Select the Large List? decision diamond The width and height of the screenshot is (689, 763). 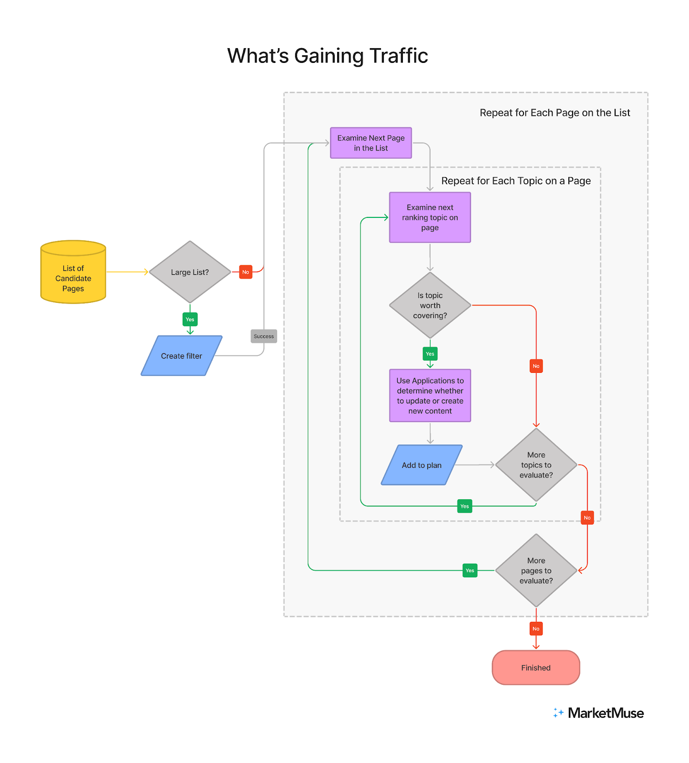[x=190, y=272]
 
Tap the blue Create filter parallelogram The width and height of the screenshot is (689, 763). [x=182, y=356]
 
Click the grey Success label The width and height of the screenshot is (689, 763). [x=264, y=336]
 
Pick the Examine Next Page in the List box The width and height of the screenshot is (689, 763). [x=371, y=143]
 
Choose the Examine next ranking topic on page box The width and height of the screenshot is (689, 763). [x=430, y=217]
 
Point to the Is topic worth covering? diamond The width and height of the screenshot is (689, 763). [x=430, y=305]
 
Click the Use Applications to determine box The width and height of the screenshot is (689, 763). [x=430, y=396]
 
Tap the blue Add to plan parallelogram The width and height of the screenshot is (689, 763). [x=422, y=465]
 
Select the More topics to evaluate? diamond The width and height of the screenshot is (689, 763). [x=536, y=465]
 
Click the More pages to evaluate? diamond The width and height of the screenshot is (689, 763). [x=536, y=570]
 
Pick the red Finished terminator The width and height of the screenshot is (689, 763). [x=535, y=668]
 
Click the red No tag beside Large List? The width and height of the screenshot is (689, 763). [x=246, y=272]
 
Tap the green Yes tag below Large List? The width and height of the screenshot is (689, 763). [x=190, y=320]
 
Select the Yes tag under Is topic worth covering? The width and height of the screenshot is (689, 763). [x=430, y=354]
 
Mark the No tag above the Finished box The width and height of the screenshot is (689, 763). [x=536, y=629]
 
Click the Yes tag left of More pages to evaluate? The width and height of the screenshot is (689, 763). [x=470, y=570]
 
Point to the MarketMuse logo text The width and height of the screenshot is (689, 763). [x=605, y=713]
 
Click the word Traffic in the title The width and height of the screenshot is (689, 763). [x=399, y=56]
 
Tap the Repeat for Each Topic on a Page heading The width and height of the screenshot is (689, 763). [x=515, y=181]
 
